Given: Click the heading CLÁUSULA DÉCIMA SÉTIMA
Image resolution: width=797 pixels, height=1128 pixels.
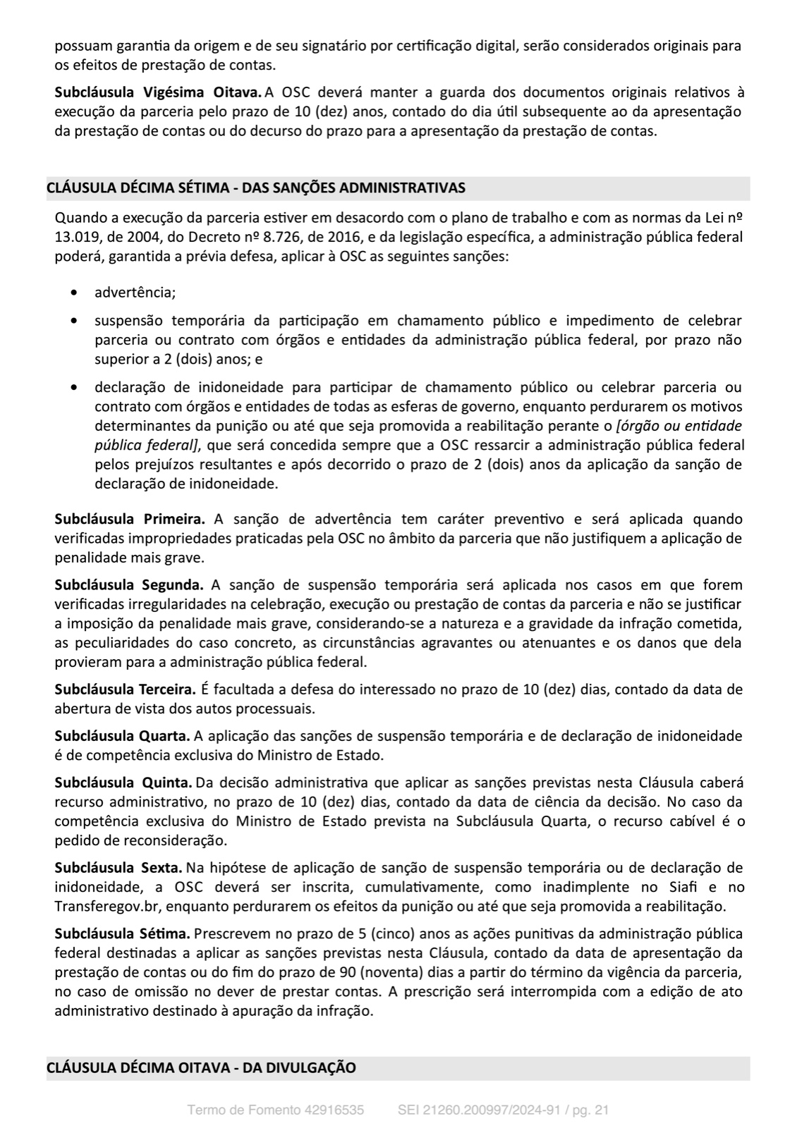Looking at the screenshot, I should (x=255, y=188).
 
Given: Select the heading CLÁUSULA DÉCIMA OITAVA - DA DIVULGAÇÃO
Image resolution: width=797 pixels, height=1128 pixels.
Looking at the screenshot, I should (x=201, y=1067).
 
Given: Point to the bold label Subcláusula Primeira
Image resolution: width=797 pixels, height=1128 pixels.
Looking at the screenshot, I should (x=130, y=519).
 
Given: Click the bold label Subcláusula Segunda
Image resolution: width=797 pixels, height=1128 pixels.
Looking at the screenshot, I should (x=129, y=584).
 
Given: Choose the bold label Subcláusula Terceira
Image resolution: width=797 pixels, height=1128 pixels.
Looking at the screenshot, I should (x=125, y=689).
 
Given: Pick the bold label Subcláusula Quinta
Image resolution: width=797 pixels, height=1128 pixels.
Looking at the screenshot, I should (x=123, y=783).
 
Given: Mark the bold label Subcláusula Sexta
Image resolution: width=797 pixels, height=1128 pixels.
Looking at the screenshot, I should (x=119, y=867).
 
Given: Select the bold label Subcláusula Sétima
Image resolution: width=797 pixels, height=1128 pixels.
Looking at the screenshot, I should (x=122, y=933).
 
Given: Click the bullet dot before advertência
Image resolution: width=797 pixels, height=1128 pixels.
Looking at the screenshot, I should (x=75, y=293).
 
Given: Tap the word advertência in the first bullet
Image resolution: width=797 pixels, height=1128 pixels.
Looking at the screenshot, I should (x=135, y=292).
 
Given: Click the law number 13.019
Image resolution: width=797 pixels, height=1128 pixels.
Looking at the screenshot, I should (x=75, y=237).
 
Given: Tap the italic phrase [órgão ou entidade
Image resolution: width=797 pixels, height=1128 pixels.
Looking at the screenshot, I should (x=679, y=426).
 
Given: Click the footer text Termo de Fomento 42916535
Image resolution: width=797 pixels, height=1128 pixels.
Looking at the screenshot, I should (x=276, y=1110).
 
